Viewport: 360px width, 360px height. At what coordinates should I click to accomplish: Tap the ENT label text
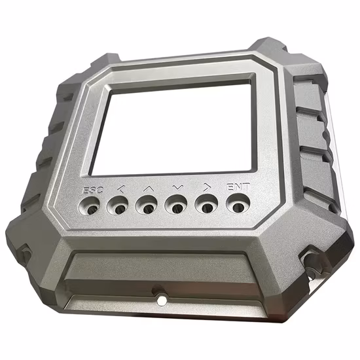[x=238, y=187]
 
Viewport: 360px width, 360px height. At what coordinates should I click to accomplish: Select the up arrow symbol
[x=147, y=189]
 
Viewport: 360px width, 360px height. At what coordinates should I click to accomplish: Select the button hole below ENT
[x=238, y=204]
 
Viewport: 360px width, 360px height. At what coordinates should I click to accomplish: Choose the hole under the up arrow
[x=147, y=207]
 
